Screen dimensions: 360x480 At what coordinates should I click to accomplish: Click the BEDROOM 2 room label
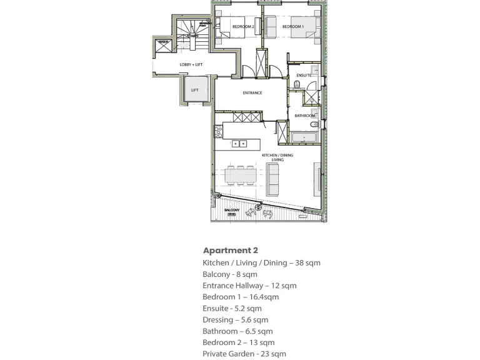point(242,27)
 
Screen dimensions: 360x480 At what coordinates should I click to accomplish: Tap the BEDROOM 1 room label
point(292,27)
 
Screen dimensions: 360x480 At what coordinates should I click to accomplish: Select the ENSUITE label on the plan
point(304,76)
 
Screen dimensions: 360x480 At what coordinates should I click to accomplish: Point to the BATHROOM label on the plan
point(305,116)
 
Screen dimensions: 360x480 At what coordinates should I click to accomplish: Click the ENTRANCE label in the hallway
point(252,93)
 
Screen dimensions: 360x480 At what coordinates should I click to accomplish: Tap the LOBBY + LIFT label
point(191,65)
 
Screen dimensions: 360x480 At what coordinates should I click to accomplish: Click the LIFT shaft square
point(194,90)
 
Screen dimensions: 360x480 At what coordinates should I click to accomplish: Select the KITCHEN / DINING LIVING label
point(277,157)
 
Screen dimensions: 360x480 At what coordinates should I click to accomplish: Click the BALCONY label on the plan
point(232,210)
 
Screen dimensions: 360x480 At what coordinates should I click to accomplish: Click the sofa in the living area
point(273,178)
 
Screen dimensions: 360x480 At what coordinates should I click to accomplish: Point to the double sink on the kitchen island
point(239,144)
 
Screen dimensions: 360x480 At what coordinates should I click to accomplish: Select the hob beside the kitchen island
point(218,132)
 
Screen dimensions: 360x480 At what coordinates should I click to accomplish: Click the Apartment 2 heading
point(230,250)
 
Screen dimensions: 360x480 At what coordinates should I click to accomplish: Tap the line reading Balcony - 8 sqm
point(229,274)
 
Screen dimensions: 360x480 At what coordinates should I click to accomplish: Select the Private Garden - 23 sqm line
point(244,354)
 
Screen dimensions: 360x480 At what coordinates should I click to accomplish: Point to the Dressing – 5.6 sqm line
point(235,319)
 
